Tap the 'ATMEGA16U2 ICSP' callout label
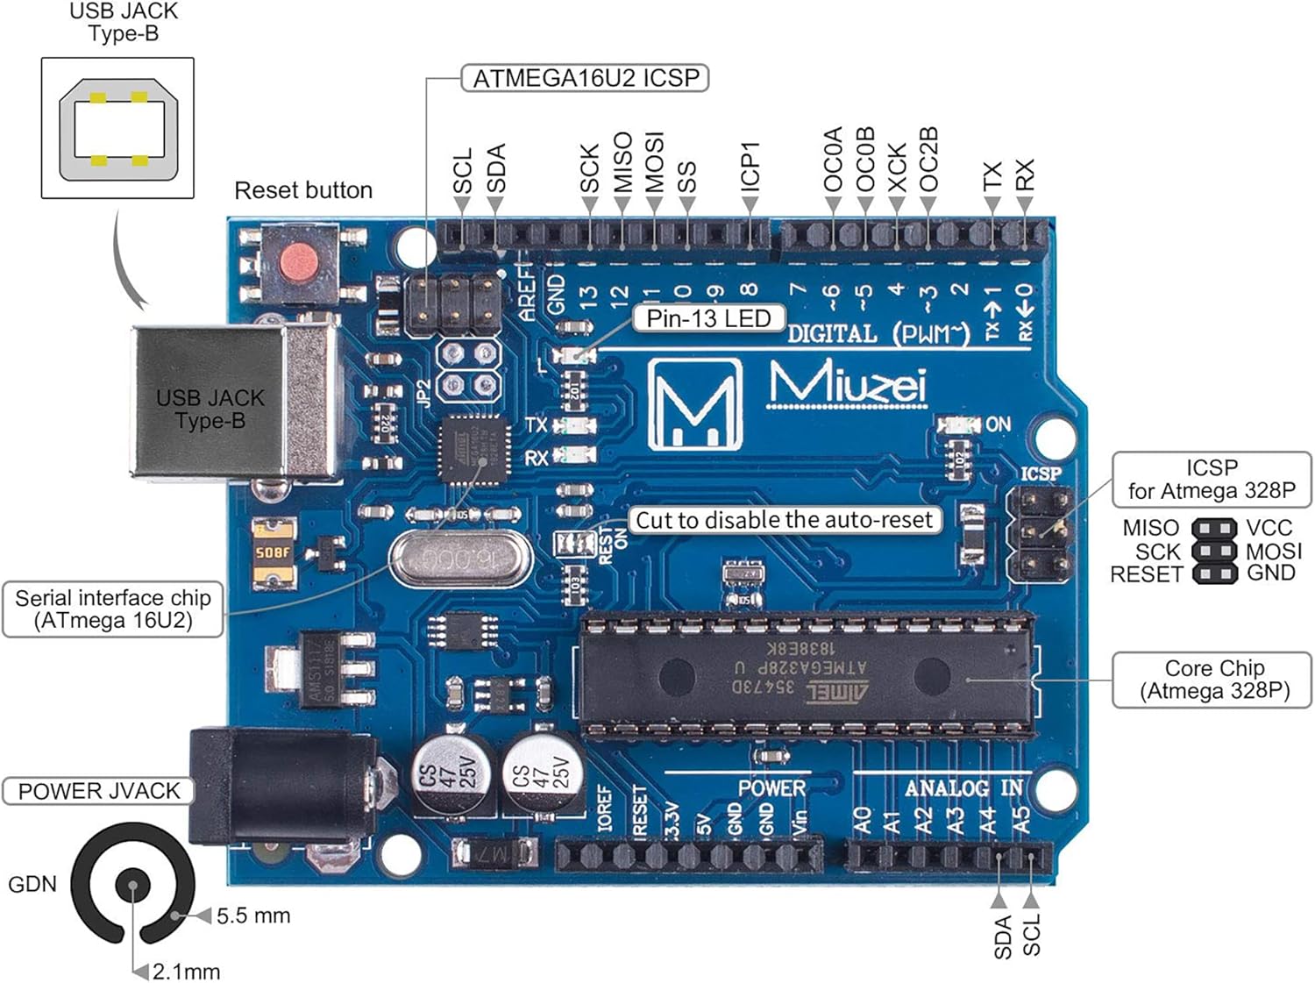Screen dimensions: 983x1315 (586, 79)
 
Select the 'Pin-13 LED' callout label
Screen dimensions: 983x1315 (708, 318)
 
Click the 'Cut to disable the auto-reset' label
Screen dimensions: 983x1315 (784, 520)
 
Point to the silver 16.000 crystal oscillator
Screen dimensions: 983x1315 (460, 559)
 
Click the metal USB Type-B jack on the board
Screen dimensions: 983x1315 (235, 403)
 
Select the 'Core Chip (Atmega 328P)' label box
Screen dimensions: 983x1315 (1213, 680)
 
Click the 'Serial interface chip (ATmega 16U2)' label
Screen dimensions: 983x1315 (113, 609)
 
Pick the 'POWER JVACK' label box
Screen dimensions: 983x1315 (98, 791)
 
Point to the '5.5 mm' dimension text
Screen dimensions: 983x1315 (252, 916)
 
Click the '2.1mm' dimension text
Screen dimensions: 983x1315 (186, 972)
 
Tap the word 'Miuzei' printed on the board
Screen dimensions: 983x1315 (847, 384)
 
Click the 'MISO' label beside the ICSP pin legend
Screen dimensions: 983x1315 (1150, 528)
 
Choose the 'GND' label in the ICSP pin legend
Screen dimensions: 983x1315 (1270, 573)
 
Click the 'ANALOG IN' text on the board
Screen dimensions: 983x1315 (963, 787)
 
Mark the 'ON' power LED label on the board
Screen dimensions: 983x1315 (998, 424)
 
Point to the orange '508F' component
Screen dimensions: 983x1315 (273, 552)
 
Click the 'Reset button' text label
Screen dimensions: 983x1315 (303, 190)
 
